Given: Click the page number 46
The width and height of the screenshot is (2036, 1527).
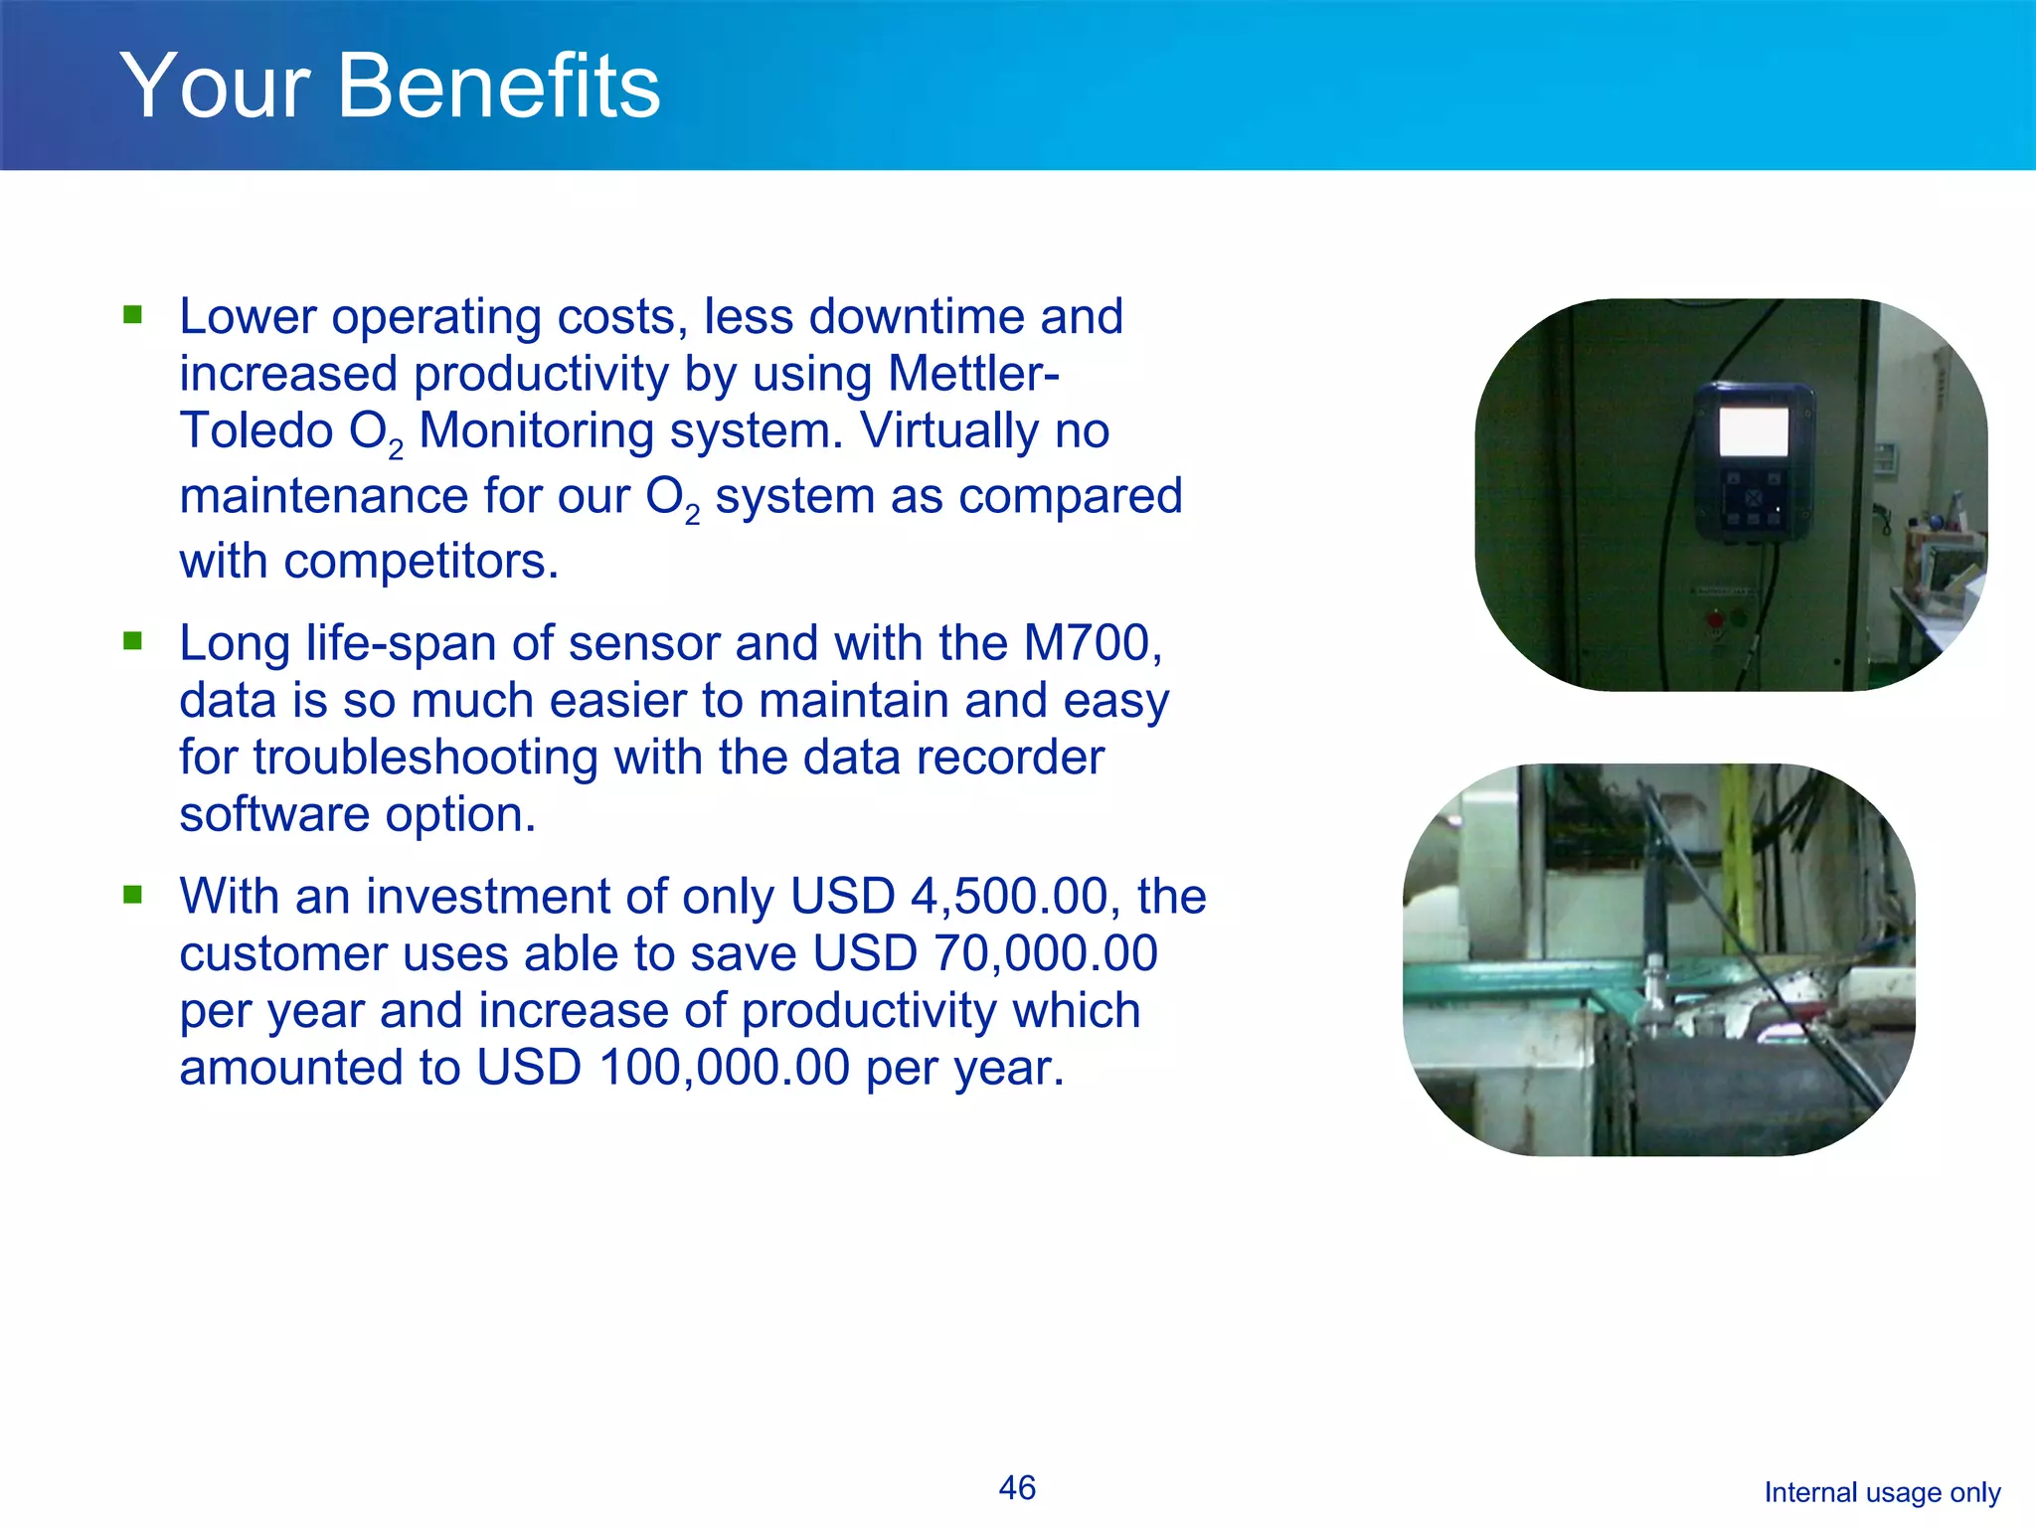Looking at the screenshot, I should [x=1017, y=1487].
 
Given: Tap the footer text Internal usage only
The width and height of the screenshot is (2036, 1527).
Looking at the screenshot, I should [x=1882, y=1492].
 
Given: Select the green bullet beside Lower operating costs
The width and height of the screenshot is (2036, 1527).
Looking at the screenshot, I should [x=133, y=315].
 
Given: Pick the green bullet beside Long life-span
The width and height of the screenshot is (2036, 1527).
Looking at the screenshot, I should [x=133, y=641].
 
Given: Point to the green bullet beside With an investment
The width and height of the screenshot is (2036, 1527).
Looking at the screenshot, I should [x=133, y=895].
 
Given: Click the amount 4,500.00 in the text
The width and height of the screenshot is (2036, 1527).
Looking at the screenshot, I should [x=1009, y=896].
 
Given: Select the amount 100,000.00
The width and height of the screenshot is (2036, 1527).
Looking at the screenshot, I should [x=725, y=1068].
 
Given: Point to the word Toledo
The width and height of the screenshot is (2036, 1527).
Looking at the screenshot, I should [x=256, y=430].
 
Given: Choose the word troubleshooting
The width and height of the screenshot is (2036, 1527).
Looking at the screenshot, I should [x=425, y=758].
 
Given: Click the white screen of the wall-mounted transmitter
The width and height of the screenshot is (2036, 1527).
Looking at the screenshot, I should [x=1754, y=432].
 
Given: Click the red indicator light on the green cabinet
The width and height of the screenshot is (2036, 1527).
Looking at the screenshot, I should [x=1715, y=620].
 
